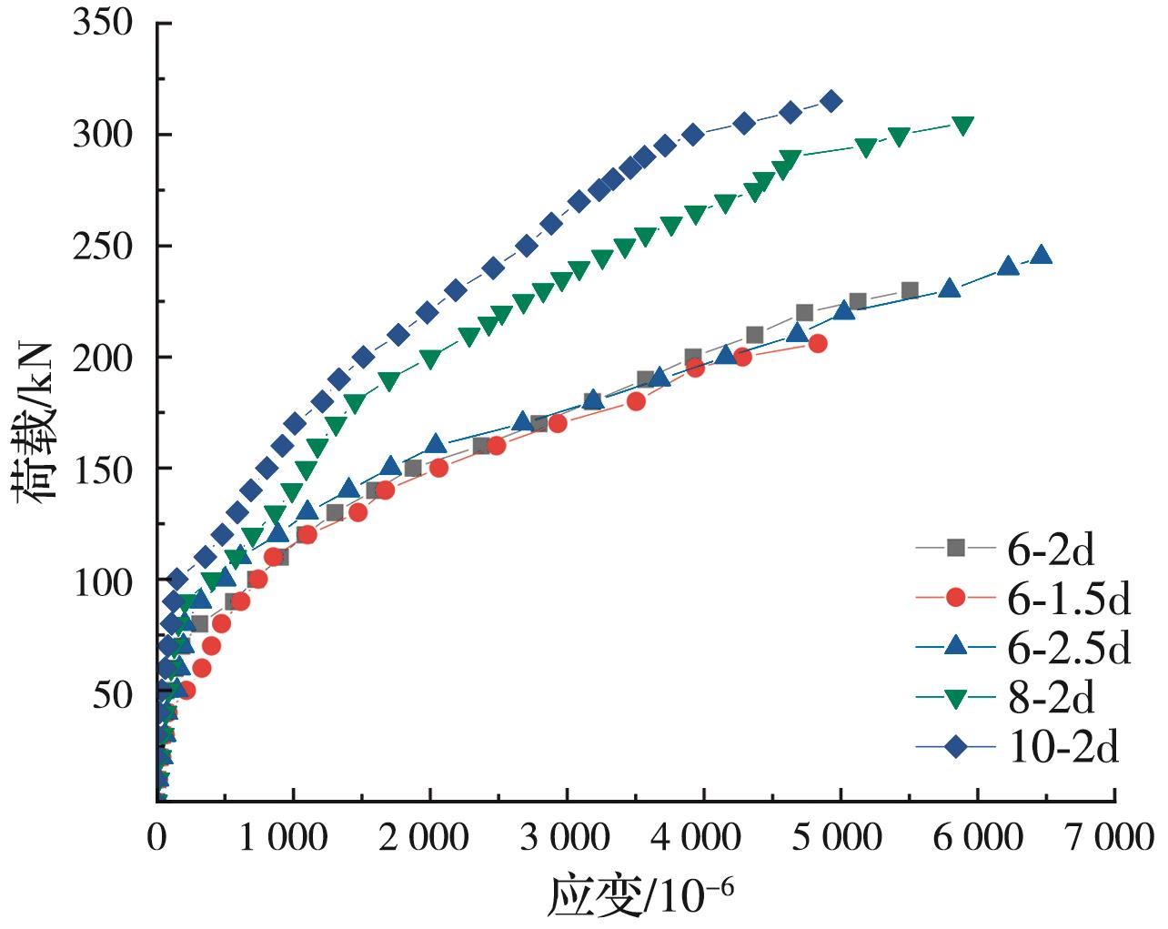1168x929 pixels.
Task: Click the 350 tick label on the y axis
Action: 102,23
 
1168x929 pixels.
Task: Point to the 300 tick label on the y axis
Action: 102,135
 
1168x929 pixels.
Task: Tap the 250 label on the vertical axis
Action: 102,247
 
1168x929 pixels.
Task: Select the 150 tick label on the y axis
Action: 102,470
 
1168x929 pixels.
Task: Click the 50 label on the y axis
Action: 113,693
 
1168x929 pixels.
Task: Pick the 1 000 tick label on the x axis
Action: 283,837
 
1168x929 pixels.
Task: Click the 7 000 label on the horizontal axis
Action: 1111,837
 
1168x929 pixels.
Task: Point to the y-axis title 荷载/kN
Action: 36,420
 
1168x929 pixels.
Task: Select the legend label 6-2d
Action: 1051,549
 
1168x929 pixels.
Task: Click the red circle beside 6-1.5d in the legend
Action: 955,598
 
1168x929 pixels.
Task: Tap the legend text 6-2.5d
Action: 1069,648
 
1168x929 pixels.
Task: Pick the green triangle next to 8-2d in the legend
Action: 955,698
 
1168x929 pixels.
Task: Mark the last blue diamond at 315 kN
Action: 831,101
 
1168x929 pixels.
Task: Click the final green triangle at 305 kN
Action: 962,125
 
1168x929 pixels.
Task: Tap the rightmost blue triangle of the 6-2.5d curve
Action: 1042,255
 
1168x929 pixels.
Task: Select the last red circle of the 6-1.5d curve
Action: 818,343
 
